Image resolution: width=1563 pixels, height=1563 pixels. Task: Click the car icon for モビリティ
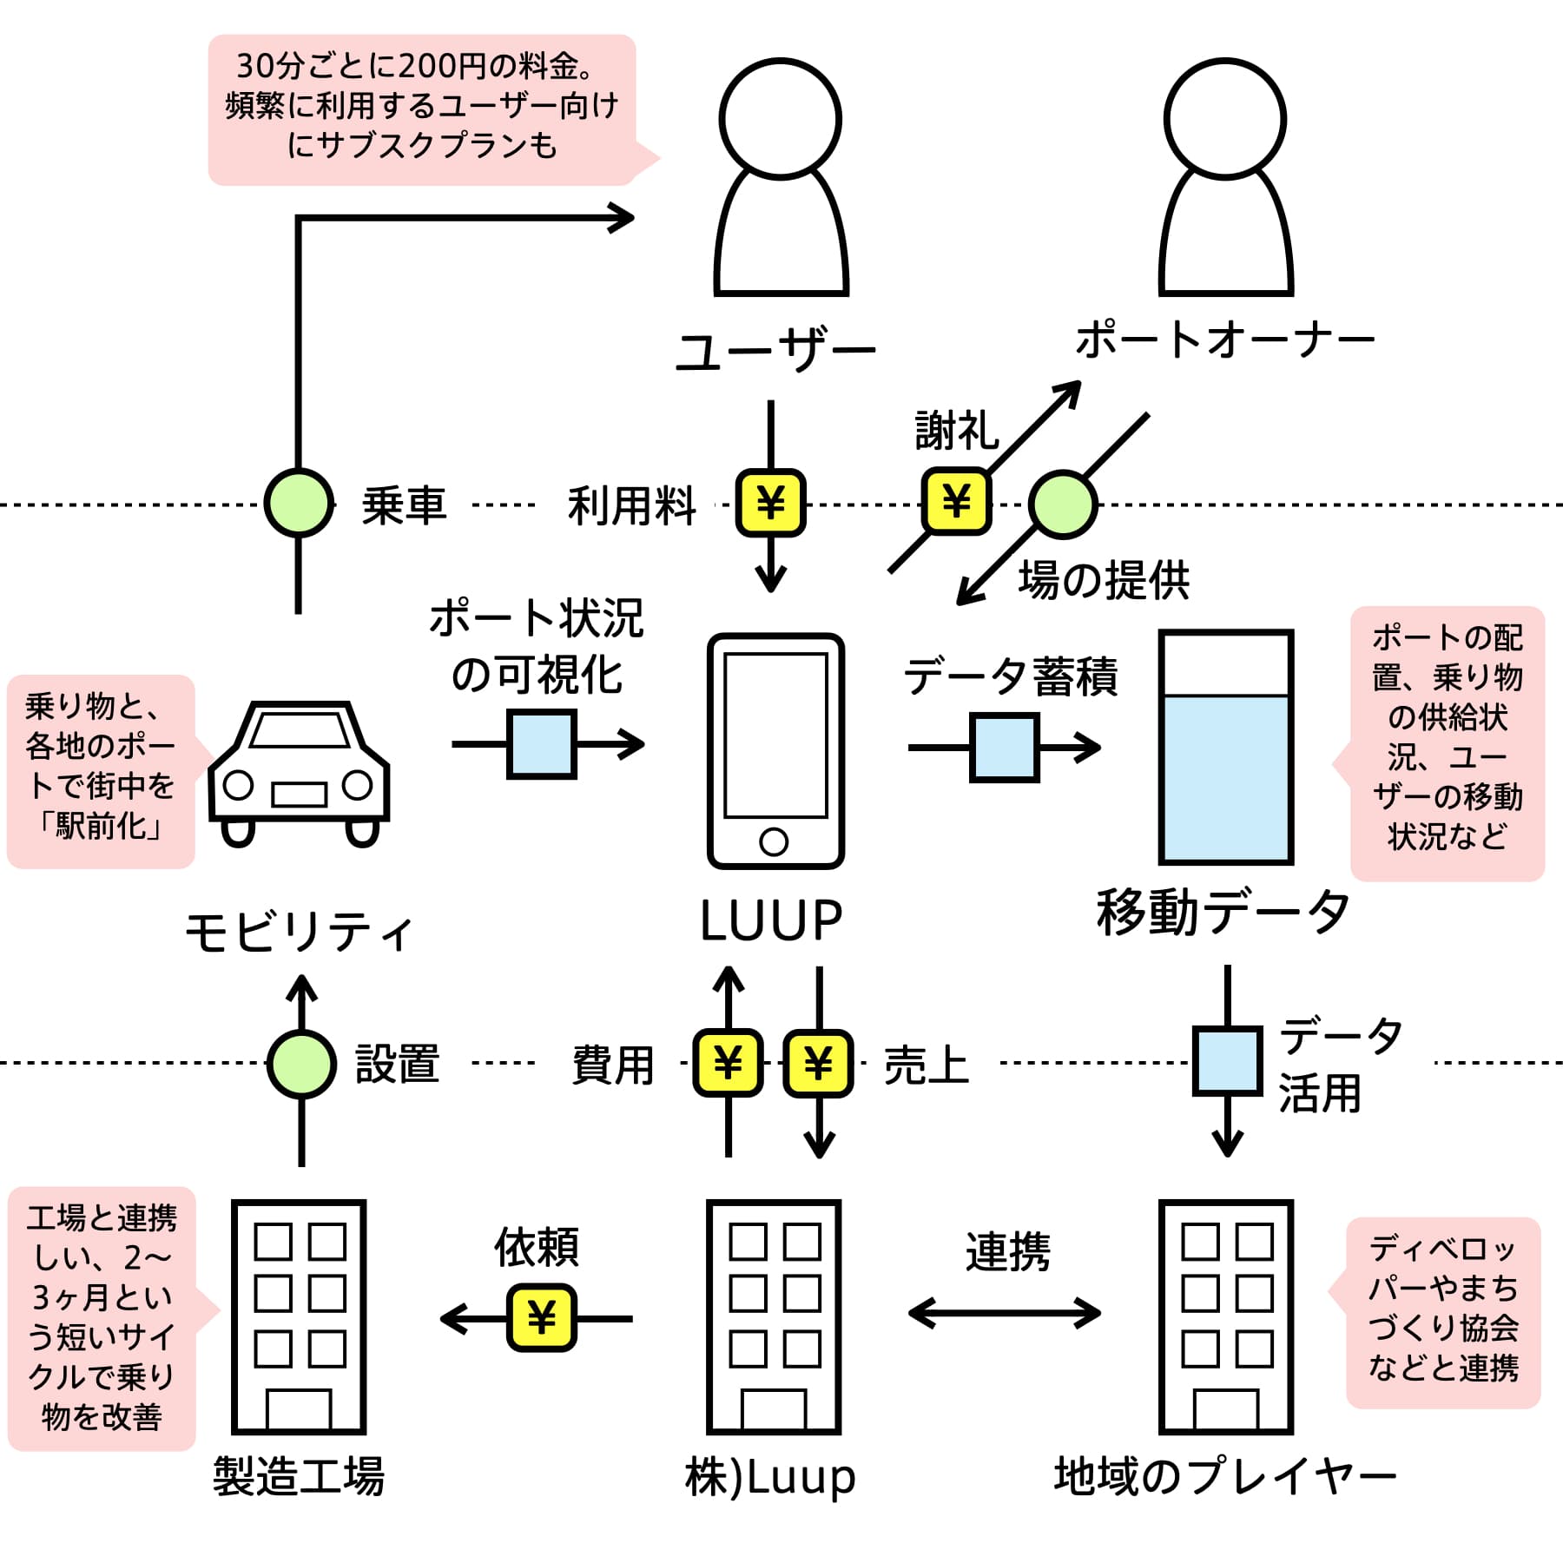(x=299, y=773)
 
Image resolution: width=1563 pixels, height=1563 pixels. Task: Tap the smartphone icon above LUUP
(x=775, y=750)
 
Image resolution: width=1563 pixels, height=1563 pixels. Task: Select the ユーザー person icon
(x=781, y=177)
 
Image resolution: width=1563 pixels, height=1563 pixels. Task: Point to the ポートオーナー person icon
(x=1225, y=177)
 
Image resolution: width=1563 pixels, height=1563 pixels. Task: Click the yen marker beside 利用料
(x=770, y=503)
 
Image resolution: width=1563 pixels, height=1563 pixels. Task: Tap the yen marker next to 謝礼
(x=956, y=501)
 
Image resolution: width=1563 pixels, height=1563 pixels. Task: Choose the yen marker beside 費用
(x=728, y=1063)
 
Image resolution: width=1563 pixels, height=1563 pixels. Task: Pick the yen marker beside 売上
(x=818, y=1063)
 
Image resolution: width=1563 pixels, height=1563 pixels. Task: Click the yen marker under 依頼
(x=541, y=1318)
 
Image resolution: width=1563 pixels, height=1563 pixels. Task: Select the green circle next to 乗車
(x=299, y=503)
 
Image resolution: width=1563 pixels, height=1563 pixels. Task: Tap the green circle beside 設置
(x=301, y=1064)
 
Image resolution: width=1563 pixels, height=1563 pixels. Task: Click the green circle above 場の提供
(x=1063, y=505)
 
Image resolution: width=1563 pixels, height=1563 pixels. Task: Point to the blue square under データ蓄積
(x=1005, y=747)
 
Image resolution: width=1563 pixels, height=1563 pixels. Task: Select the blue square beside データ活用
(x=1227, y=1061)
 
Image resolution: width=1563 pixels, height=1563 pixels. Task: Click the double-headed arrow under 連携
(x=1005, y=1313)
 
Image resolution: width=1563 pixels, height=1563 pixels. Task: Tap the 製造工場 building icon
(x=299, y=1316)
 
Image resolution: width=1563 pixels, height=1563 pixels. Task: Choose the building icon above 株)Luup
(x=774, y=1316)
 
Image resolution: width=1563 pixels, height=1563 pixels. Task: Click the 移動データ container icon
(x=1226, y=747)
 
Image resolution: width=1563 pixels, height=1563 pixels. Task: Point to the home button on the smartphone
(x=774, y=841)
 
